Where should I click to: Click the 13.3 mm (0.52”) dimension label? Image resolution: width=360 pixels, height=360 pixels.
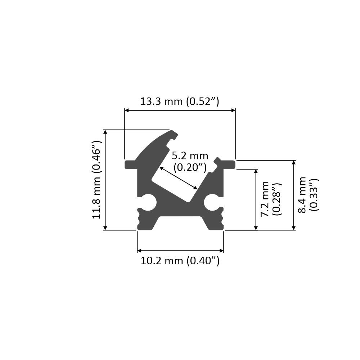click(x=180, y=101)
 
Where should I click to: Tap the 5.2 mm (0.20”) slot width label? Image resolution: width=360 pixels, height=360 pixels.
click(x=190, y=161)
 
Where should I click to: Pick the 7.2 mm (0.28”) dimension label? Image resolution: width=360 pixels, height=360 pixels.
click(x=271, y=199)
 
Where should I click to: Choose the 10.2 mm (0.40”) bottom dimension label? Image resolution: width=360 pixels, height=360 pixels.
click(x=180, y=261)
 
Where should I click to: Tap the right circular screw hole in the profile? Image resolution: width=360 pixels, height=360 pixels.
click(x=212, y=203)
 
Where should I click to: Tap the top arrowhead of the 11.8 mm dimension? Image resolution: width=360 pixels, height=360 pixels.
click(x=105, y=132)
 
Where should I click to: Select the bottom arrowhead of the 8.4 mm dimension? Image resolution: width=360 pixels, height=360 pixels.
click(x=294, y=228)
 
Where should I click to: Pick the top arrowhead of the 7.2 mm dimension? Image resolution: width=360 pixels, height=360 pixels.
click(x=256, y=171)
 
